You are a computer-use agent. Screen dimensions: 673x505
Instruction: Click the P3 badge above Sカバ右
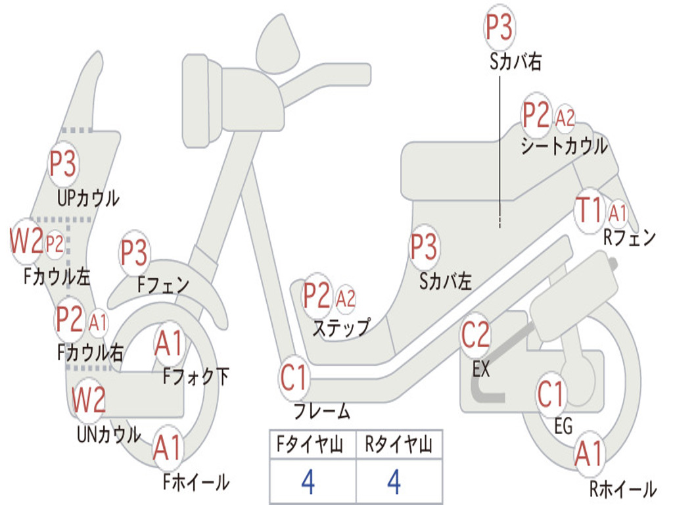499,28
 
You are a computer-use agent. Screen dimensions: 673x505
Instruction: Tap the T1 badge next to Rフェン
590,210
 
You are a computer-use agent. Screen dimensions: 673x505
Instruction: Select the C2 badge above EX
476,335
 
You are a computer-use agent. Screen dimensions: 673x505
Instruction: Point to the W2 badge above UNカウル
89,399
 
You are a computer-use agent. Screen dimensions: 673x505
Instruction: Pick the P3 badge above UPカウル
63,164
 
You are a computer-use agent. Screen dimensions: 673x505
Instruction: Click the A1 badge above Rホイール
590,453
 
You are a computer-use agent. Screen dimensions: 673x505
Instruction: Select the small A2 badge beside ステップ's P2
346,298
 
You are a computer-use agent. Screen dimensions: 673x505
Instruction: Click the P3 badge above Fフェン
134,253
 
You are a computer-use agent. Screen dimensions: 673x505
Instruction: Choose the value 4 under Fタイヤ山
308,481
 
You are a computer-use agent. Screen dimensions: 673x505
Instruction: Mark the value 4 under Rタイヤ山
394,481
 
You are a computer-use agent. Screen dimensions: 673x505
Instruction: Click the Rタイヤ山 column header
399,445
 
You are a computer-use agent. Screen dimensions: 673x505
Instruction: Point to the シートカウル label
565,146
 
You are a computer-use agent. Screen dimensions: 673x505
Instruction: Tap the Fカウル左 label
57,277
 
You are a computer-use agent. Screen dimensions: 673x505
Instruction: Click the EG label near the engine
563,426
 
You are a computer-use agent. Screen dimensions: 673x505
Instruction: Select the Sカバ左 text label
446,281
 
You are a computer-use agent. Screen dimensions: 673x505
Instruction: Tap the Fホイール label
196,482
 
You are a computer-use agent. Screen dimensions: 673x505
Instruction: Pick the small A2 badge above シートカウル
565,117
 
